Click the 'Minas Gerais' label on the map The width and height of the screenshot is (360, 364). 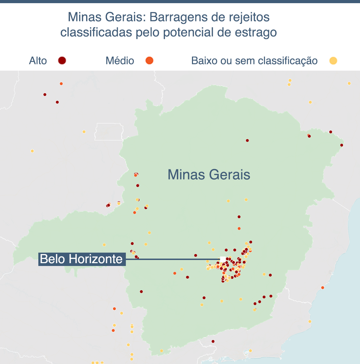(208, 175)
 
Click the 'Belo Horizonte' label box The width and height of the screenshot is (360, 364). (82, 259)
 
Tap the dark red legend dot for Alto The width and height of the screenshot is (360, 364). (62, 60)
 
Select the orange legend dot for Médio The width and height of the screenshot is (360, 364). (149, 60)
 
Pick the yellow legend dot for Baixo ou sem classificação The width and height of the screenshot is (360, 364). (333, 61)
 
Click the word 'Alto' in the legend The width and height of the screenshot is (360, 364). (38, 61)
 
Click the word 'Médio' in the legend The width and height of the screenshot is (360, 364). (120, 61)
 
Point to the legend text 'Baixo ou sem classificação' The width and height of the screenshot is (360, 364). (254, 61)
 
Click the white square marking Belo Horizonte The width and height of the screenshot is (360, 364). (223, 259)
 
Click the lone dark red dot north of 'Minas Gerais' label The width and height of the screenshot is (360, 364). (247, 141)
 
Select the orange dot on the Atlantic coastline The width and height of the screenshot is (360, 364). (322, 288)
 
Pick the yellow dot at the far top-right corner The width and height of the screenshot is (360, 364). (349, 83)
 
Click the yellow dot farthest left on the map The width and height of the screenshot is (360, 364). (32, 151)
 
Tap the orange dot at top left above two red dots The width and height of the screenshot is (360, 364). (61, 84)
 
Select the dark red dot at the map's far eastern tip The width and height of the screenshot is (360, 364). (341, 145)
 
